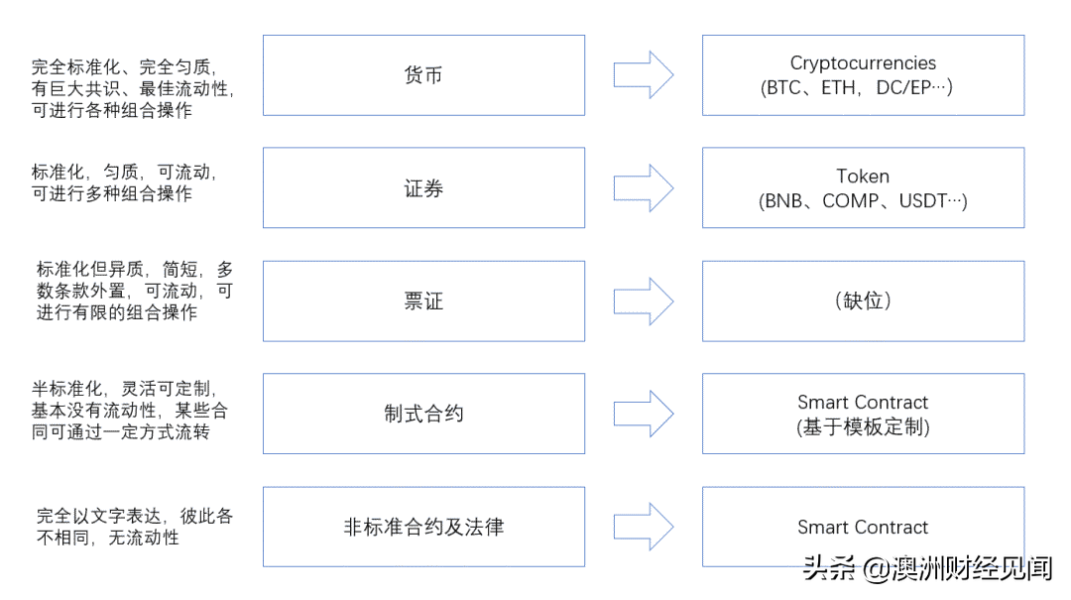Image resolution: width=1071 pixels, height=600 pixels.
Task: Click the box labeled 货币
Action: (x=423, y=75)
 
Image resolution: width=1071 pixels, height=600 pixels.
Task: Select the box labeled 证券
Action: (x=423, y=188)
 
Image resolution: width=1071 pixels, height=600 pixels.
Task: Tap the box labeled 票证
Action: (x=423, y=301)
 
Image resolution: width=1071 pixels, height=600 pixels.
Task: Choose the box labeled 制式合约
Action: (x=423, y=415)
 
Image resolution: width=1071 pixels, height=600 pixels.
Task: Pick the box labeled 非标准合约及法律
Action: (x=423, y=527)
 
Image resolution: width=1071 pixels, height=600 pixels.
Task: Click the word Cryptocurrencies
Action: (x=863, y=63)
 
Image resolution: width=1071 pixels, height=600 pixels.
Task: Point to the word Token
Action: (x=863, y=177)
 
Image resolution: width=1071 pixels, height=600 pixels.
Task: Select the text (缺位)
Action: (x=863, y=301)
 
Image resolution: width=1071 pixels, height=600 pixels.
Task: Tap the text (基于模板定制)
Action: (x=863, y=427)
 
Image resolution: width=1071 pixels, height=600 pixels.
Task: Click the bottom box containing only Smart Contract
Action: (x=863, y=527)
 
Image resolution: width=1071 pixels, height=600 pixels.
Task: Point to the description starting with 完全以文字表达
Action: (x=135, y=527)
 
